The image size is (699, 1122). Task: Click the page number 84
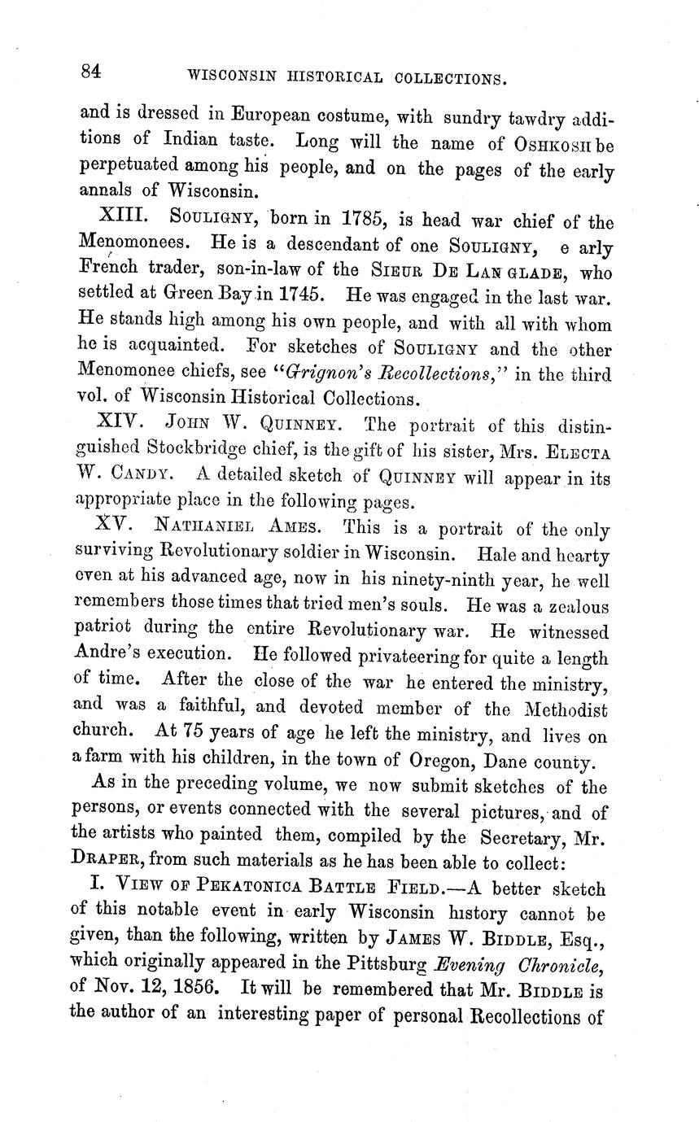(x=90, y=72)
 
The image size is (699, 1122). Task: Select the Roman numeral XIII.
(x=121, y=218)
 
